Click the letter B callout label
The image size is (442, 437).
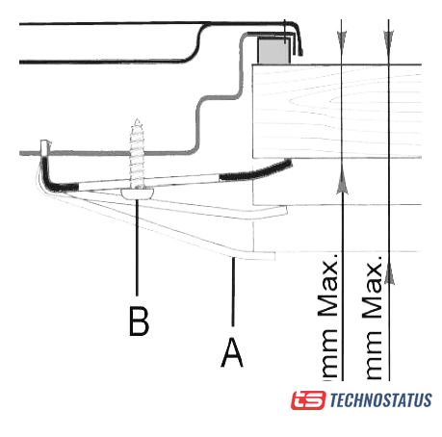[139, 321]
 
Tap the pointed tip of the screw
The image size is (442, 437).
[137, 120]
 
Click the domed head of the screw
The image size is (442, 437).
[138, 193]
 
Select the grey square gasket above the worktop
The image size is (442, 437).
[273, 50]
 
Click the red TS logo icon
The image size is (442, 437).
[308, 399]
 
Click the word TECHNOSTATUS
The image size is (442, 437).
[380, 400]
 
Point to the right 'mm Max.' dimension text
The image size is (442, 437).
[373, 317]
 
